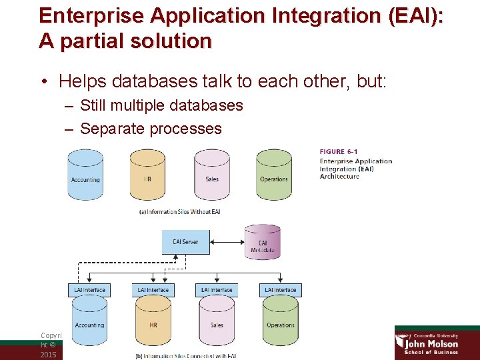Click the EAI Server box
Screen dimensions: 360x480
tap(185, 242)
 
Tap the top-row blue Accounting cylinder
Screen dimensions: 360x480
tap(85, 175)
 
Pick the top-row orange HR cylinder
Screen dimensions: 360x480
tap(147, 175)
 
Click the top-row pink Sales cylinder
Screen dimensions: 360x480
tap(212, 175)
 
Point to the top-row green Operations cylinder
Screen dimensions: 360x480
tap(274, 175)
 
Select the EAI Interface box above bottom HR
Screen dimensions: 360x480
tap(153, 290)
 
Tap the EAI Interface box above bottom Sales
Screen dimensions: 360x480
tap(217, 290)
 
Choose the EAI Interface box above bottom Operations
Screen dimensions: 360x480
tap(281, 290)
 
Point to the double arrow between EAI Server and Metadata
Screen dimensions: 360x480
tap(227, 242)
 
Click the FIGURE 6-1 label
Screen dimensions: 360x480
tap(341, 152)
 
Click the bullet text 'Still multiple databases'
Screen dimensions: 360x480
tap(161, 105)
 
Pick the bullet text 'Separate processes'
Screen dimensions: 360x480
tap(151, 129)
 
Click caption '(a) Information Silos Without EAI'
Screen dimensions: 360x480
tap(179, 212)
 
